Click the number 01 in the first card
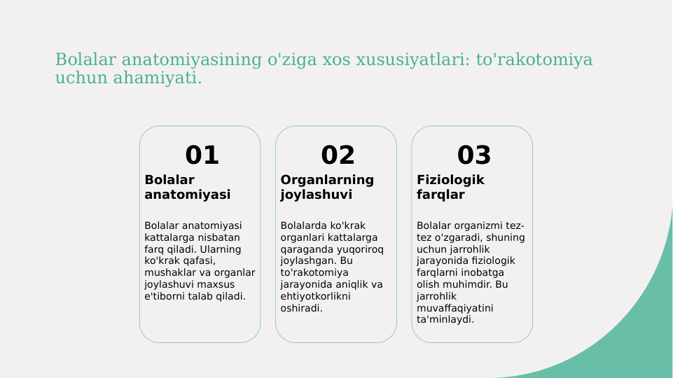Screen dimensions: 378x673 pos(202,155)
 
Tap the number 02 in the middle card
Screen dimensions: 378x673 pos(338,155)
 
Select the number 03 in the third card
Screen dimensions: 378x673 pos(474,155)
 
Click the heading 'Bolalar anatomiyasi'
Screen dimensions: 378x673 pos(187,187)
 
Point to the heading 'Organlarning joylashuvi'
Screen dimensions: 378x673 pos(327,187)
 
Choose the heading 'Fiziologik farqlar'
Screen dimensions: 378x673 pos(450,187)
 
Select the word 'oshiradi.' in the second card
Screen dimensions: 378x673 pos(301,308)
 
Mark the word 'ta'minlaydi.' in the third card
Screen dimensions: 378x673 pos(445,320)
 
